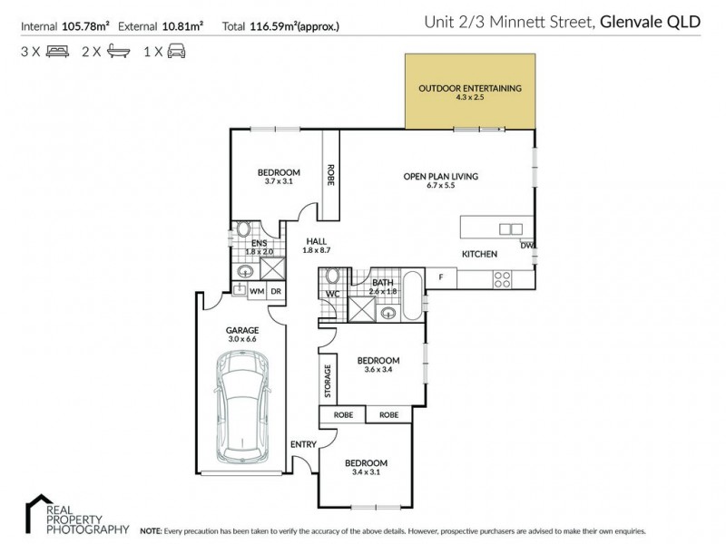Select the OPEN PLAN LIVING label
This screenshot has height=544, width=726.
tap(441, 176)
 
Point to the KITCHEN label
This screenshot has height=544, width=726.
tap(479, 255)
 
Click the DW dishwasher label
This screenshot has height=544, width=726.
tap(526, 245)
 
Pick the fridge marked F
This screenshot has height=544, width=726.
tap(441, 277)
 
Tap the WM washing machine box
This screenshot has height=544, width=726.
tap(257, 290)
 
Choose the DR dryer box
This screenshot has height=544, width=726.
tap(276, 290)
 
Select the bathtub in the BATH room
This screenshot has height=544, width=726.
tap(413, 296)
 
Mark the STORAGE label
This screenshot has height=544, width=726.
tap(327, 382)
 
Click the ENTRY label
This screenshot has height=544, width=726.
tap(302, 444)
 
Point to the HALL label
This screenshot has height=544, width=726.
tap(316, 240)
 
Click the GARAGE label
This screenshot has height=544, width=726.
tap(242, 330)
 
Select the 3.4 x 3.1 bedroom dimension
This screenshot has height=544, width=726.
tap(367, 472)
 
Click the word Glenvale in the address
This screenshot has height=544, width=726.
tap(629, 21)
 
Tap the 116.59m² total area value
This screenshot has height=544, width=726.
tap(281, 27)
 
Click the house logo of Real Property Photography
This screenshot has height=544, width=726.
tap(37, 506)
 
